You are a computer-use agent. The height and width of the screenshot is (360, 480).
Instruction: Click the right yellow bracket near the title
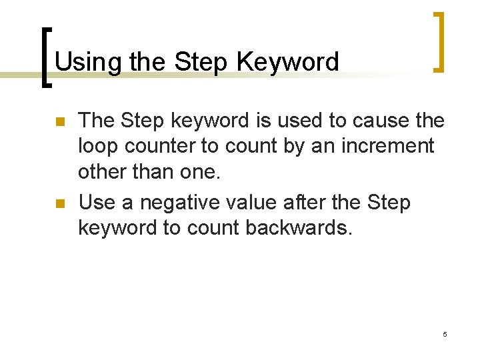click(x=438, y=41)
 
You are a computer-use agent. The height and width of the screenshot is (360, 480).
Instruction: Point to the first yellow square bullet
click(x=58, y=122)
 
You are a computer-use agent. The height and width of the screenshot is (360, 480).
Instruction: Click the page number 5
click(x=445, y=333)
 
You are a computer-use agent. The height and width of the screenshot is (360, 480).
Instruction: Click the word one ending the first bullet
click(x=202, y=171)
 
